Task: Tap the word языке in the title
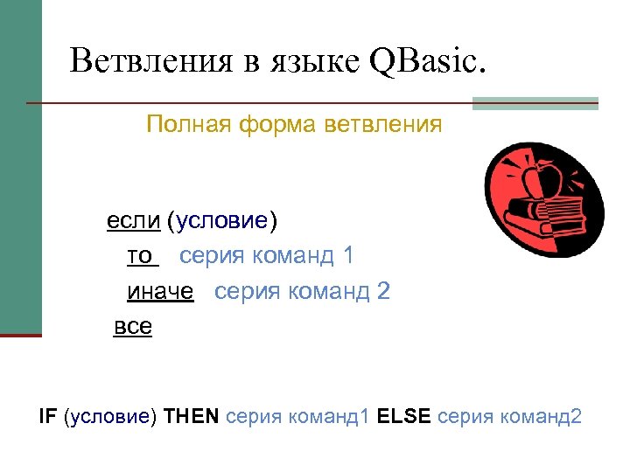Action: (310, 63)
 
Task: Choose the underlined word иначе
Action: (159, 291)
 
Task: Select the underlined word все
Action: (133, 327)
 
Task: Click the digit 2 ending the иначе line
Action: (383, 291)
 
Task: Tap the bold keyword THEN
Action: (192, 416)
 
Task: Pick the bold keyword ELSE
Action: (403, 416)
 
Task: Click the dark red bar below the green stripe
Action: (20, 335)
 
